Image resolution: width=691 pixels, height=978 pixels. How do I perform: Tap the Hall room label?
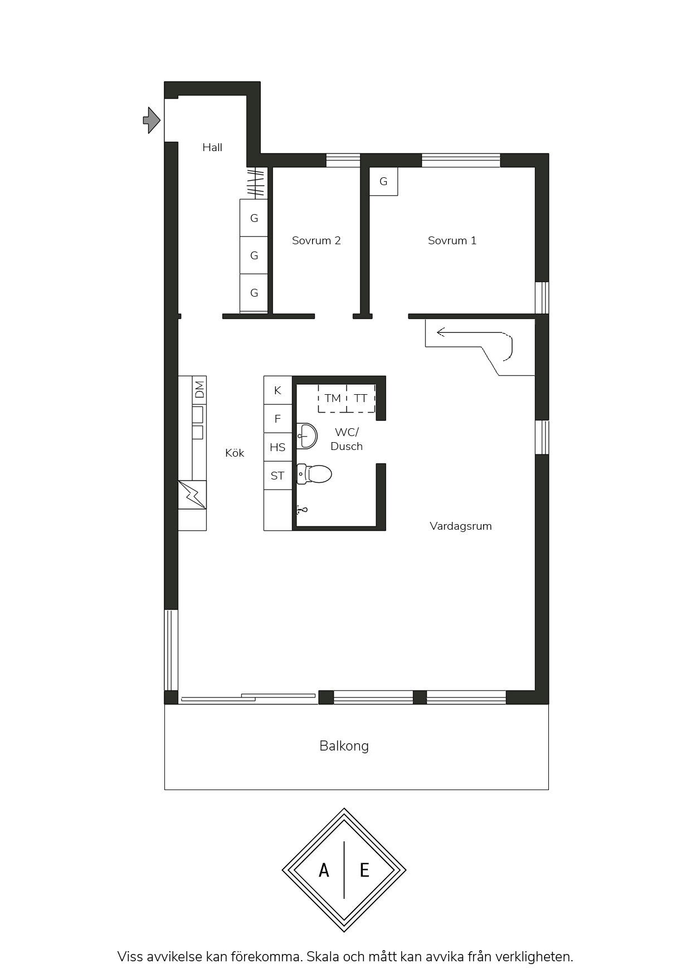212,147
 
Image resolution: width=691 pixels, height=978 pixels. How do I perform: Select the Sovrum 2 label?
316,240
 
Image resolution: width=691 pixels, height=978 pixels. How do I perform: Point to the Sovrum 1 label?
452,240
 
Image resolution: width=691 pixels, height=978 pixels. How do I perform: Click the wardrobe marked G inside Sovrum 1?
383,181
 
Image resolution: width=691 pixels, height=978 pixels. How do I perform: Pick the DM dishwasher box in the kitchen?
199,389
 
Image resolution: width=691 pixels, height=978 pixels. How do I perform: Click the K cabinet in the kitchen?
278,390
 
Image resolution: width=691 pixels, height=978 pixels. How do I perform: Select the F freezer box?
278,419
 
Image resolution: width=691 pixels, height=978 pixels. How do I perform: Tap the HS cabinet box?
278,447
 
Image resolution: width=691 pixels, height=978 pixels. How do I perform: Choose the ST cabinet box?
278,476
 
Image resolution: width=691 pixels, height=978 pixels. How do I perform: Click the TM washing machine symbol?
333,398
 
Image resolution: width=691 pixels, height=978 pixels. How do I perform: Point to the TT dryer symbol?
361,398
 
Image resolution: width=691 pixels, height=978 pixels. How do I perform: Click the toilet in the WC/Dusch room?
314,475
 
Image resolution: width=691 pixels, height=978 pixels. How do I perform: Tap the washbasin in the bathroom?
307,435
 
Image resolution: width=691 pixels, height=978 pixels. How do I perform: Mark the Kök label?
235,453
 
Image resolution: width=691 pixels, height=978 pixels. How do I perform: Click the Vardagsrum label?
461,526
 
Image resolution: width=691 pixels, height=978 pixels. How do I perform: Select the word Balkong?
344,746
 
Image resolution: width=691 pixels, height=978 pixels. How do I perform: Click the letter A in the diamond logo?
324,870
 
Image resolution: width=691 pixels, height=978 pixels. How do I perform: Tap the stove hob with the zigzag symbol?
192,495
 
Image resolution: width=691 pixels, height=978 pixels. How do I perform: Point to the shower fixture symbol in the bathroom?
301,509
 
